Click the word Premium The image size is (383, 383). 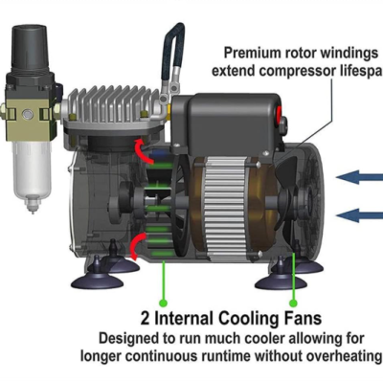(254, 53)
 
